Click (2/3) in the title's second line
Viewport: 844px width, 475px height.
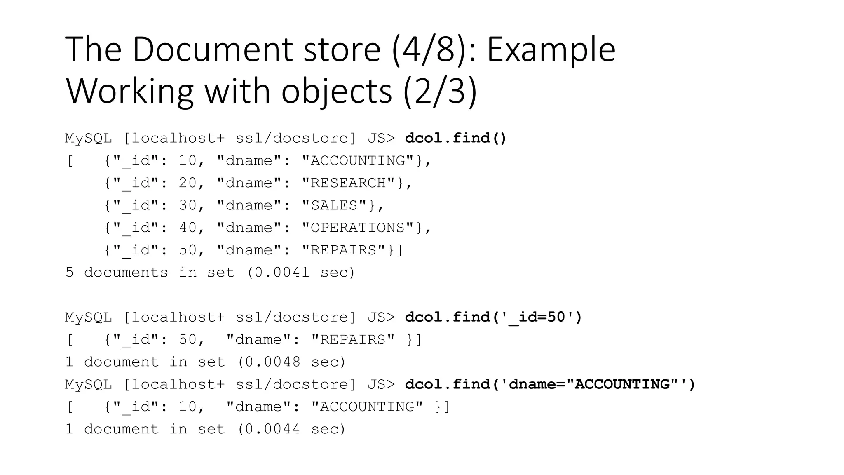click(x=440, y=92)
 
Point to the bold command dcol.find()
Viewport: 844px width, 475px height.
click(x=455, y=138)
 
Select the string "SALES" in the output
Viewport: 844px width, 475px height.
click(x=334, y=205)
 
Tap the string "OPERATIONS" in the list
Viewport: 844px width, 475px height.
click(x=358, y=228)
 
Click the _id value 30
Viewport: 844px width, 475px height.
click(x=188, y=205)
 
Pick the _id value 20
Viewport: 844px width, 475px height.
click(x=188, y=183)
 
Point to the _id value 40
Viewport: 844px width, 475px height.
click(x=188, y=228)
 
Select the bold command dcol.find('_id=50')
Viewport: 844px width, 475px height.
click(x=493, y=317)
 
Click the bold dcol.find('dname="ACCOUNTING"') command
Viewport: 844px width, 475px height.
click(x=550, y=385)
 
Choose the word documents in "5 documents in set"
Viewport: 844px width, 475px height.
click(x=126, y=273)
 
